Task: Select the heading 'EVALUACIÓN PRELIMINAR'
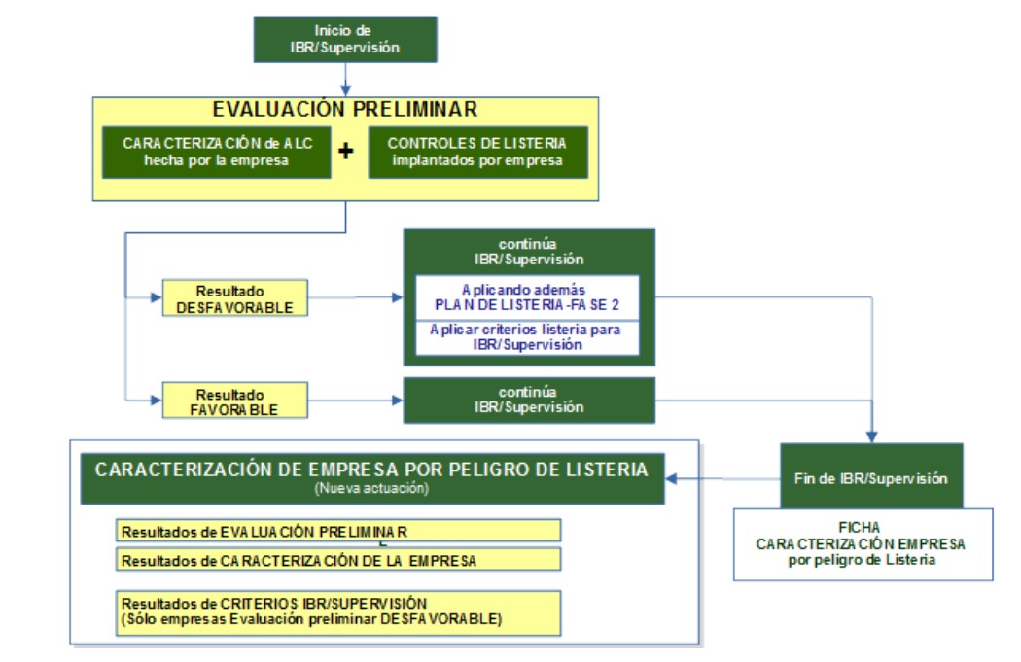coord(345,108)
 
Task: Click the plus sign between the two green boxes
coord(344,152)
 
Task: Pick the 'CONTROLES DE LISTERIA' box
coord(477,152)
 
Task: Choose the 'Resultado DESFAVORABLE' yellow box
coord(234,297)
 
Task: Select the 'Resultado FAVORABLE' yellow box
coord(234,401)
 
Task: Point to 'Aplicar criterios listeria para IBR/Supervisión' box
coord(526,336)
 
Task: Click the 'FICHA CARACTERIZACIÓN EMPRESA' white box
coord(863,543)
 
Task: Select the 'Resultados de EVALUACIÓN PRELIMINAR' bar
coord(338,531)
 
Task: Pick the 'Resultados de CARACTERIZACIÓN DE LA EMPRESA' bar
coord(338,559)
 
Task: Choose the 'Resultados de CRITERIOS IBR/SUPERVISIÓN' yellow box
coord(338,610)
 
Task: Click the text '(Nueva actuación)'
coord(371,489)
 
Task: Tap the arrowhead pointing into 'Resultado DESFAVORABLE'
coord(156,296)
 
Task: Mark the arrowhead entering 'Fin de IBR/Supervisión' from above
coord(872,437)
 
